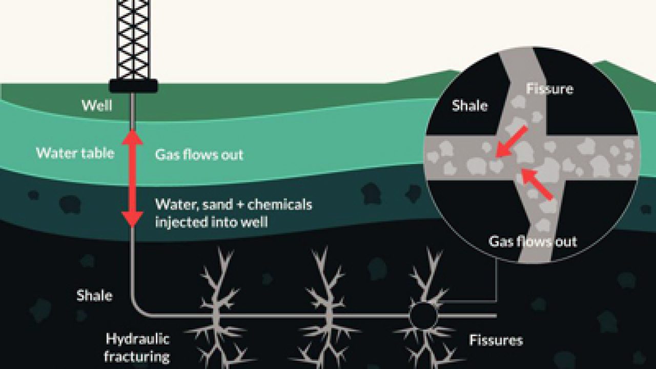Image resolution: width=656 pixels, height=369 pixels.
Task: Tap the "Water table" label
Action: [75, 153]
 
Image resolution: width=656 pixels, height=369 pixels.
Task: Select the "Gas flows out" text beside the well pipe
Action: [199, 155]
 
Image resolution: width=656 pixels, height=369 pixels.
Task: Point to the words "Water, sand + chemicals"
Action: [233, 205]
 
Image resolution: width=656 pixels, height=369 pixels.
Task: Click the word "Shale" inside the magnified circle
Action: [469, 106]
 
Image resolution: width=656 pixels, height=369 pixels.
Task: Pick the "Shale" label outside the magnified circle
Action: [94, 295]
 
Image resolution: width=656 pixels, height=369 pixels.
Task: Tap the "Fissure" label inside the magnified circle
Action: [549, 89]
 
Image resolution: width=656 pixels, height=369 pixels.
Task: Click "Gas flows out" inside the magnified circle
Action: [532, 241]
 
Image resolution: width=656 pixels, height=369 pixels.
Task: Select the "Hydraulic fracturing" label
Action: [137, 347]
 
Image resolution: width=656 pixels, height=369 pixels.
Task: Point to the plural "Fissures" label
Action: [496, 340]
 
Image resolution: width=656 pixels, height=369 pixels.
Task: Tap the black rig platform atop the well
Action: [133, 85]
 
